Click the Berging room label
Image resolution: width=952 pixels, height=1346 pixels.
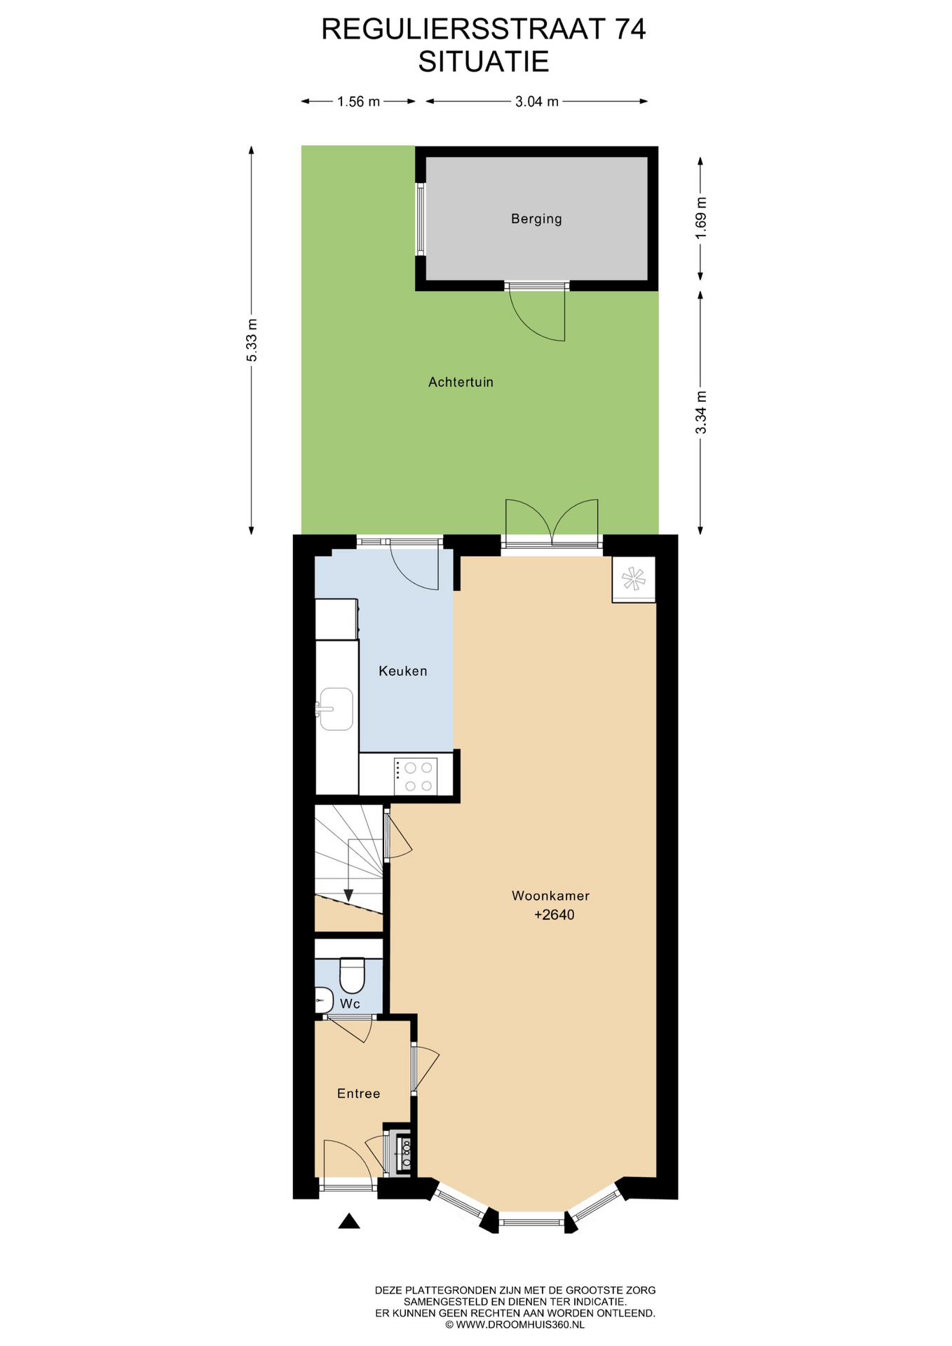coord(536,219)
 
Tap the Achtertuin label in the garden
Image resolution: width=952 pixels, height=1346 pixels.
coord(461,382)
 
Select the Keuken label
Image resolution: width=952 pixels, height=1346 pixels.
coord(402,671)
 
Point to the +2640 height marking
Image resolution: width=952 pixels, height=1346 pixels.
coord(554,915)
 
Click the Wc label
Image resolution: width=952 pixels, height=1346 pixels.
coord(350,1004)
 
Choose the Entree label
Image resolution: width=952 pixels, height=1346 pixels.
coord(358,1094)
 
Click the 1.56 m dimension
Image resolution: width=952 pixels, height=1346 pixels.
coord(358,102)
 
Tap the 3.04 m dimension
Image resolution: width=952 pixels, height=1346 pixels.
coord(537,102)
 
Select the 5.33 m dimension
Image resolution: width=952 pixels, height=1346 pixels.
coord(252,340)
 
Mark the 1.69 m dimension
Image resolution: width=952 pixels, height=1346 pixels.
coord(700,217)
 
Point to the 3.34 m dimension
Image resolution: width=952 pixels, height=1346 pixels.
coord(700,412)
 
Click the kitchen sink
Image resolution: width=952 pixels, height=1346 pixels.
coord(336,709)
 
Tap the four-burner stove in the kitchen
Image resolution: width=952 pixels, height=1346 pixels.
coord(415,776)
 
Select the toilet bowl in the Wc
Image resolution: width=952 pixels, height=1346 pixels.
coord(352,974)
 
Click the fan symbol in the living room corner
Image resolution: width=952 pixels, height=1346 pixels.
coord(634,579)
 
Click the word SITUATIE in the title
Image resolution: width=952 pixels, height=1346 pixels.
coord(484,62)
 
